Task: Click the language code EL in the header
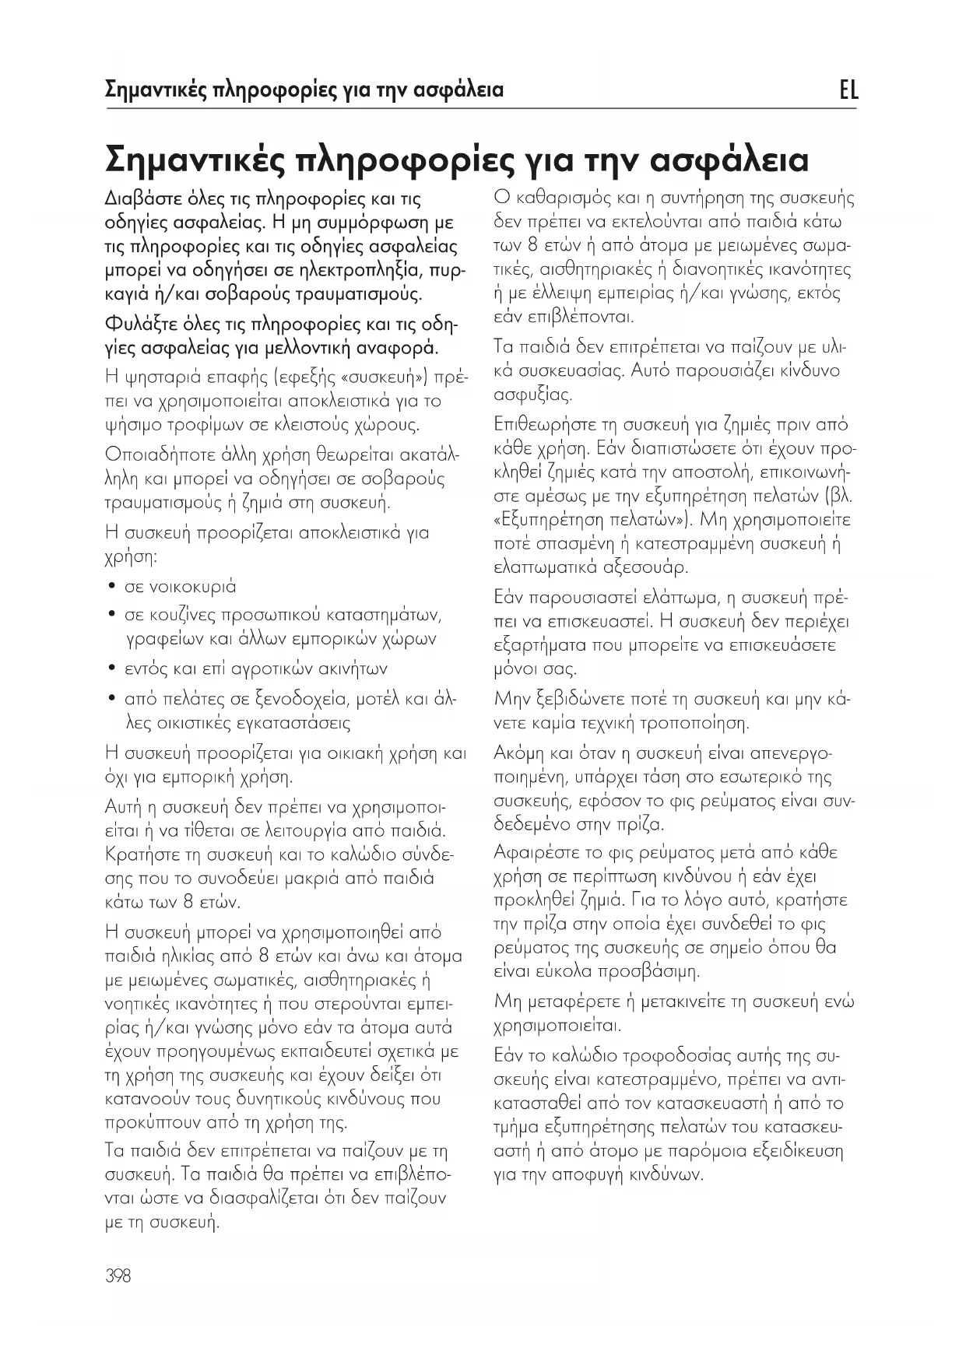point(848,90)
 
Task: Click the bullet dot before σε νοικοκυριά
point(114,586)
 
